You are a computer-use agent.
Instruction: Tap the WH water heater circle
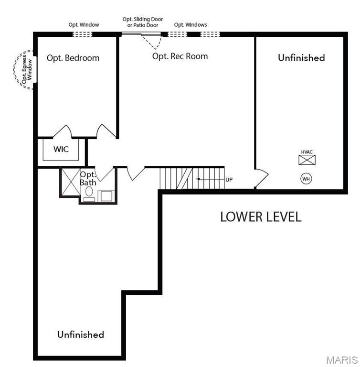(x=306, y=179)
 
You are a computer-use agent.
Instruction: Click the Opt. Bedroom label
(x=73, y=58)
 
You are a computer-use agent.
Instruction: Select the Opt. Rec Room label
(x=180, y=56)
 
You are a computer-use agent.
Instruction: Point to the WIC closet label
(x=61, y=149)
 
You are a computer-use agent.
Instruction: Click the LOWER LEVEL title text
(x=261, y=216)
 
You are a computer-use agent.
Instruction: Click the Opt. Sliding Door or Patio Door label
(x=143, y=22)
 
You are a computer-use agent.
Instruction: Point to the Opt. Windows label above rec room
(x=191, y=24)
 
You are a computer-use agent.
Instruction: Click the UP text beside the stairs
(x=229, y=180)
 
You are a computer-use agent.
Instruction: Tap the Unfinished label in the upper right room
(x=301, y=57)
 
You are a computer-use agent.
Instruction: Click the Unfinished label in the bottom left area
(x=81, y=334)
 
